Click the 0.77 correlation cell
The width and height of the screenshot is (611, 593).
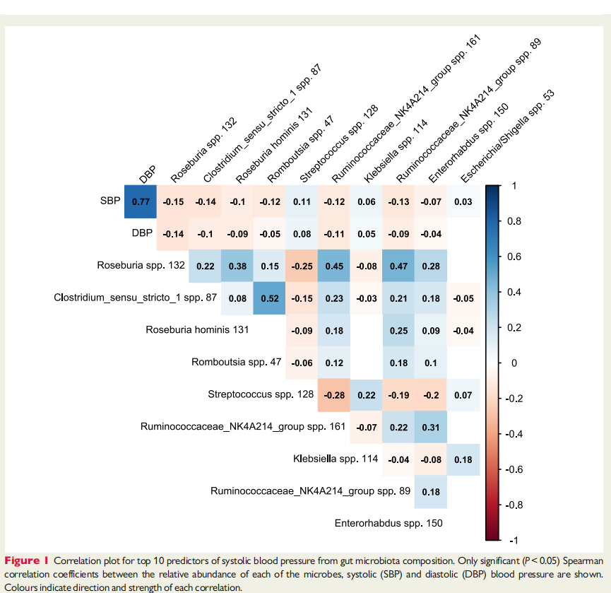(x=141, y=201)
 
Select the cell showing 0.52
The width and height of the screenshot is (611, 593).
(x=270, y=298)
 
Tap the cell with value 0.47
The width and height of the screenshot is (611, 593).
(x=398, y=266)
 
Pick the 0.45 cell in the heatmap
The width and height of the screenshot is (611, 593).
(x=334, y=266)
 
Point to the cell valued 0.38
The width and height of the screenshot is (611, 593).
(x=237, y=266)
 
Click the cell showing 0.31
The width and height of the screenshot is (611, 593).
(x=431, y=428)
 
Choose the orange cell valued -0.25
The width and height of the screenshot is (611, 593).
(x=302, y=266)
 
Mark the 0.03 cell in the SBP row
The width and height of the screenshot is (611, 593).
(x=463, y=201)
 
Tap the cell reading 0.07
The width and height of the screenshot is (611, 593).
(x=463, y=395)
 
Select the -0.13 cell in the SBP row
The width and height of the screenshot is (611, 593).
(x=398, y=201)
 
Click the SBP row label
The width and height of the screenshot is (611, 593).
(x=110, y=201)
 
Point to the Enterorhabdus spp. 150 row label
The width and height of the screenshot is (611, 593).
(x=388, y=523)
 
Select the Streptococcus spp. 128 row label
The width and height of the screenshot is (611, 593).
(x=261, y=394)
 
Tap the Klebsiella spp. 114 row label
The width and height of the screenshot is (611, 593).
(x=336, y=459)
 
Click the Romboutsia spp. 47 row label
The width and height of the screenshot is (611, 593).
(x=236, y=362)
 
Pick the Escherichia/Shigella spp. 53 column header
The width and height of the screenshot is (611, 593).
(x=507, y=136)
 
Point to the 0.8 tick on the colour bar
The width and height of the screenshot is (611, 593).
(x=514, y=221)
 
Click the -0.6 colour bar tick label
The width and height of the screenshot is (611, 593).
(x=514, y=469)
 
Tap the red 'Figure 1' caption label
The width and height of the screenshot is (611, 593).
(x=27, y=561)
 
